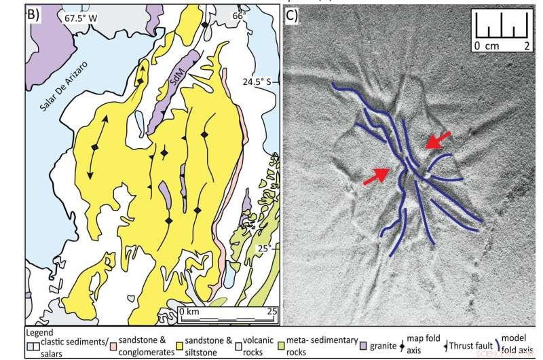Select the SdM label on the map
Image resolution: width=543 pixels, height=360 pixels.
[179, 87]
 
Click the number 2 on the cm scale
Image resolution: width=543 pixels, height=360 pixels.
[525, 46]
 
